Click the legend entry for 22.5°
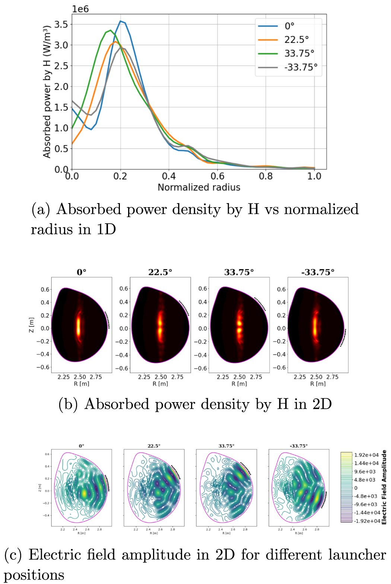point(296,40)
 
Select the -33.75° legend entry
point(301,67)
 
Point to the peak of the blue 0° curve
point(120,21)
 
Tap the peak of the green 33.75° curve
point(110,30)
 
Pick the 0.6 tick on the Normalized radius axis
point(217,176)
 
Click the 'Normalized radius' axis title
point(199,187)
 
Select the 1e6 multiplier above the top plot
point(80,9)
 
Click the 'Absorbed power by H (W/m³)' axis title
point(47,92)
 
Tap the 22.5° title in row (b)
point(160,272)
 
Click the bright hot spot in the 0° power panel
point(79,326)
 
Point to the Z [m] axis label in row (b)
point(32,325)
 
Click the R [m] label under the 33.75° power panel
point(239,383)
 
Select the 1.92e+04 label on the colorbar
point(366,455)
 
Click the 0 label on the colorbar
point(356,488)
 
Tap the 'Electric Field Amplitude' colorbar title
point(384,487)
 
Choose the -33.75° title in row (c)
point(299,446)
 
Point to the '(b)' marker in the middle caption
point(68,404)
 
